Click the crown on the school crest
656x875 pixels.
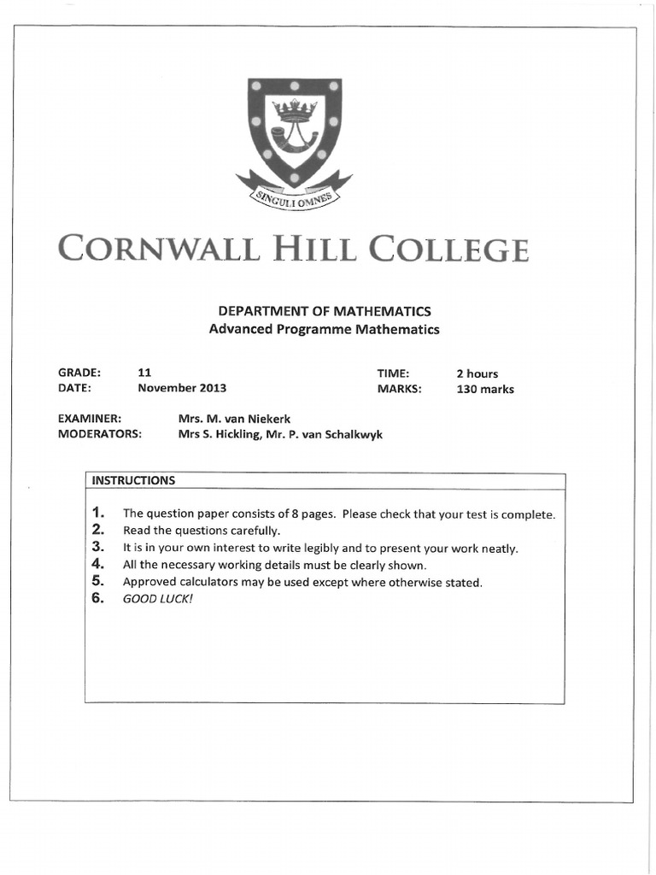click(x=294, y=110)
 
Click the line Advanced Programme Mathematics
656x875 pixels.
click(x=325, y=330)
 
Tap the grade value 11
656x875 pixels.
click(x=144, y=373)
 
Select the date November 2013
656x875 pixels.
click(x=182, y=388)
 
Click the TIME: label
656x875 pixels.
click(x=394, y=373)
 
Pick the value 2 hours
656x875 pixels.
click(x=477, y=373)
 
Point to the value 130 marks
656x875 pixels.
click(x=485, y=389)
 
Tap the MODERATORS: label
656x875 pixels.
click(x=99, y=434)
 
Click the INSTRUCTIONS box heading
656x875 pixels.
click(x=133, y=480)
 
